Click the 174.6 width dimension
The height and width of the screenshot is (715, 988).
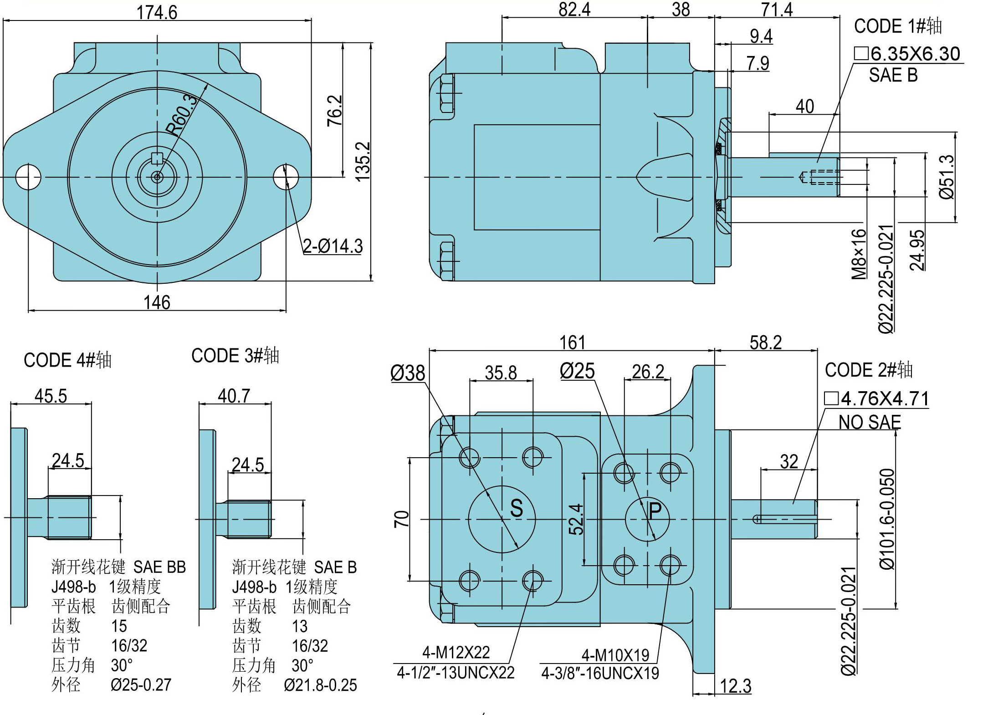[x=157, y=12]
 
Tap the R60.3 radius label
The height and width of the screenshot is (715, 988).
[x=182, y=115]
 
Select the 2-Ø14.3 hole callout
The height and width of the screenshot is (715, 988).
[x=333, y=246]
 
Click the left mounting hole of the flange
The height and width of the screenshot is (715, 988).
[x=28, y=177]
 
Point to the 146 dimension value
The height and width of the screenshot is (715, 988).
[x=157, y=302]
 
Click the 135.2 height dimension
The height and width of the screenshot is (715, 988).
[x=363, y=162]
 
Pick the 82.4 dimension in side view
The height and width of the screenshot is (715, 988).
[x=574, y=9]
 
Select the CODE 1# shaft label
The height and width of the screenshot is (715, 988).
[x=897, y=26]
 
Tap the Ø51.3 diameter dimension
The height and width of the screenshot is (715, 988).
[x=947, y=177]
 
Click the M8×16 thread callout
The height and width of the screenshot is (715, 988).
[x=859, y=254]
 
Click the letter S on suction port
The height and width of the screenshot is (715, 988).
[x=517, y=508]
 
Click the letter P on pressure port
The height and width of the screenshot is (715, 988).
[x=655, y=511]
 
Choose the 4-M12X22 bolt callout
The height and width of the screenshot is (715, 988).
[x=456, y=653]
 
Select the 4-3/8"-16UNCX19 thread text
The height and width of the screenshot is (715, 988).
[x=600, y=673]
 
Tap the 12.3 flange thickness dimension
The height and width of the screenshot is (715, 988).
[x=736, y=686]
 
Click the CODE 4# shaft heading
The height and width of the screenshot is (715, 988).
[x=67, y=360]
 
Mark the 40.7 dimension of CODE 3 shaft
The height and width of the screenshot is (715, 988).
[x=234, y=396]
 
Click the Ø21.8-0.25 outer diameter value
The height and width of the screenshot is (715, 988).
[x=320, y=685]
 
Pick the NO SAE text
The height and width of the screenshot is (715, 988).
[x=870, y=422]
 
